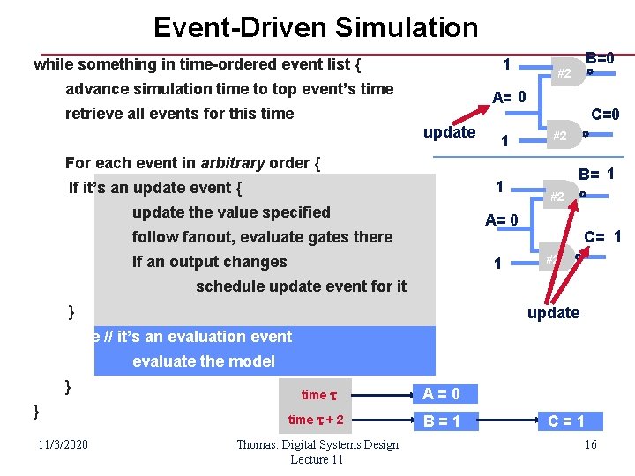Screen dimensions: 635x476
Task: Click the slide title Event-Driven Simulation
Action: click(316, 27)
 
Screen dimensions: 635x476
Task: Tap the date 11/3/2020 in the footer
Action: click(67, 444)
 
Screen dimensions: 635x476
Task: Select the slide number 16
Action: click(590, 444)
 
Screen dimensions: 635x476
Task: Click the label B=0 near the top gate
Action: click(600, 59)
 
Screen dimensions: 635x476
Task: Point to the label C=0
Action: click(605, 114)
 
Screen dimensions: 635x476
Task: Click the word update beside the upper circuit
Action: click(449, 132)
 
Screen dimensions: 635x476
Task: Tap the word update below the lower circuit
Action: click(553, 313)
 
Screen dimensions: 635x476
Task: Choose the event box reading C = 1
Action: click(565, 420)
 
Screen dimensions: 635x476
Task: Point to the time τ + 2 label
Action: click(316, 420)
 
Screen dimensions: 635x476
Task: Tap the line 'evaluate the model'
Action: click(203, 361)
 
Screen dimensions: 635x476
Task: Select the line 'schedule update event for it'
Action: click(301, 286)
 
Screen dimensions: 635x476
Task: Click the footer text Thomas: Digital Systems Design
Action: click(317, 445)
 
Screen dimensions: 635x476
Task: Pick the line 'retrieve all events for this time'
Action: click(179, 114)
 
